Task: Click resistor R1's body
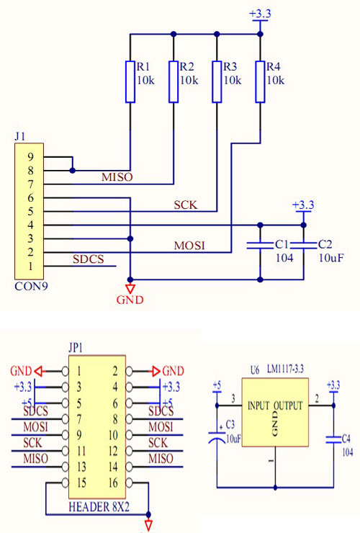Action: pos(130,81)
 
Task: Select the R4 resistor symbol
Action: pos(260,81)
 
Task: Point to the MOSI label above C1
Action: pos(189,246)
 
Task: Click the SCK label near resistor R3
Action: pos(185,205)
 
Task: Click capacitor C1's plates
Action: pos(260,246)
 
